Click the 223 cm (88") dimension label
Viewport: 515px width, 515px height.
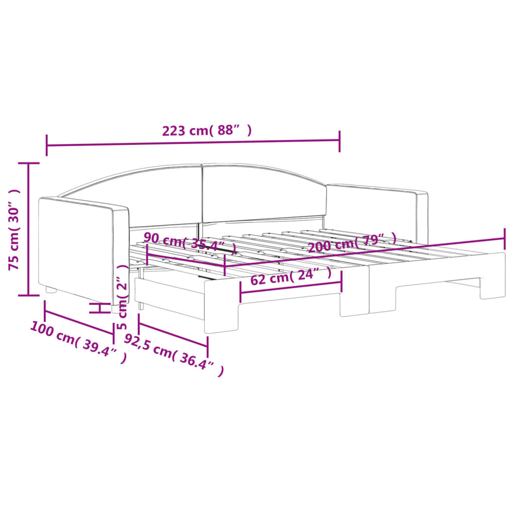click(206, 131)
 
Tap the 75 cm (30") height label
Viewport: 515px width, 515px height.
click(15, 229)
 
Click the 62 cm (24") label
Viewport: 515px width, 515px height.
click(291, 277)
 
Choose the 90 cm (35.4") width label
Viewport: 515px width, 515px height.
click(190, 242)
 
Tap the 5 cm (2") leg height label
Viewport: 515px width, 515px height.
click(122, 297)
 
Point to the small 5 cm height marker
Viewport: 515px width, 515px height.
click(100, 308)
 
